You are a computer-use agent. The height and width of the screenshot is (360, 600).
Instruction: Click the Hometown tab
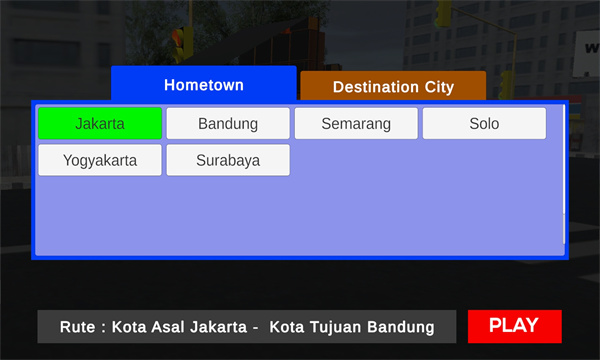tap(204, 83)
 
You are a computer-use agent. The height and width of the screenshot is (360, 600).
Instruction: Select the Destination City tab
tap(393, 86)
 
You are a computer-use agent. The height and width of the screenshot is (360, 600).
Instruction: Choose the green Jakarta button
tap(100, 123)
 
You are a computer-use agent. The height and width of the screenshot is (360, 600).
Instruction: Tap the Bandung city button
tap(228, 123)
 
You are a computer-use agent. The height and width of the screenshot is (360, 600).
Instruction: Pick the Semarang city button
tap(356, 123)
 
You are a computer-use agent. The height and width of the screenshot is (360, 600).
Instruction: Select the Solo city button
tap(484, 123)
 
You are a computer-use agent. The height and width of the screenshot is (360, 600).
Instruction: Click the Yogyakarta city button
tap(100, 160)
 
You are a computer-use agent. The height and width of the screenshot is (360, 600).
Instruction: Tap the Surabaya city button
tap(228, 160)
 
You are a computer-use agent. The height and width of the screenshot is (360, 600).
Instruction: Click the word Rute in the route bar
tap(77, 327)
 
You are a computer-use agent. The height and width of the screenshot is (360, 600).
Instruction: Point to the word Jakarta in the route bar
tap(218, 327)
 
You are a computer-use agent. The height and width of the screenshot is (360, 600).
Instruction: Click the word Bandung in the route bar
tap(401, 327)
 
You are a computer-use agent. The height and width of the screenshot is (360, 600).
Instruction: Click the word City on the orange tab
tap(439, 87)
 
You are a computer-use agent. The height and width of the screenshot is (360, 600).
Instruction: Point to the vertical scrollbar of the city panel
tap(564, 174)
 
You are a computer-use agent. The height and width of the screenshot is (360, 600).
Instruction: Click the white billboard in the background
tap(586, 54)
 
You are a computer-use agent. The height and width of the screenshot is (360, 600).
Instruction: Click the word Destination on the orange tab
tap(375, 87)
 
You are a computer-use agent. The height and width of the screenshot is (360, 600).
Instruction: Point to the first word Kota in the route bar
tap(129, 327)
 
